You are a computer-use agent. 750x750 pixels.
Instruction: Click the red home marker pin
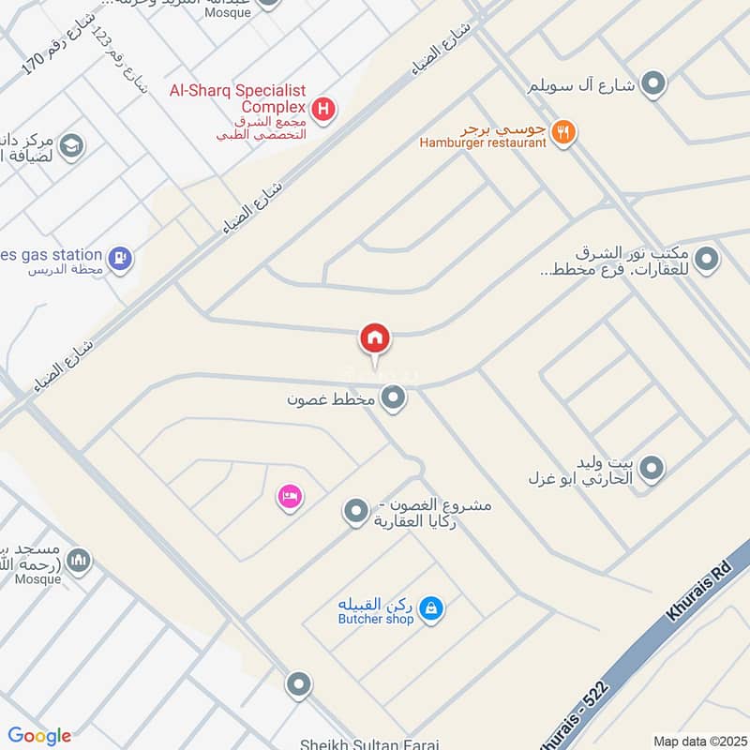tap(375, 338)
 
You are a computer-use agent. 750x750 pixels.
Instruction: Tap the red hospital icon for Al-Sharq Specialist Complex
tap(323, 111)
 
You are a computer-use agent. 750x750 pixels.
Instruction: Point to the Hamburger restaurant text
tap(483, 143)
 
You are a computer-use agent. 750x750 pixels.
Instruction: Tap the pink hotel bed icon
tap(289, 496)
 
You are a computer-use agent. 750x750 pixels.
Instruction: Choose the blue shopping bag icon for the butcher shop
tap(430, 609)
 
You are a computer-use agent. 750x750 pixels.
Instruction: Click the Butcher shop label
tap(376, 620)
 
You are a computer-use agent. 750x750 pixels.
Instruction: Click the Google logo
tap(39, 736)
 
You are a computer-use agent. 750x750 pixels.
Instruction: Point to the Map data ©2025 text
tap(698, 741)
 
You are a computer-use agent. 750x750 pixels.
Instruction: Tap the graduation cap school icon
tap(70, 146)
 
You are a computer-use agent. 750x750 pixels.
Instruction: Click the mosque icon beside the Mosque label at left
tap(80, 561)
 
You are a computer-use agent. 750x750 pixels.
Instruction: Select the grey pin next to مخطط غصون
tap(395, 398)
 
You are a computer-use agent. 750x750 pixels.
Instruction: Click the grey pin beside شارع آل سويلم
tap(653, 84)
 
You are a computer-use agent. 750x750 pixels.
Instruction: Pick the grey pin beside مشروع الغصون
tap(354, 512)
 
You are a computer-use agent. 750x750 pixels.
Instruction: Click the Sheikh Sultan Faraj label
tap(368, 743)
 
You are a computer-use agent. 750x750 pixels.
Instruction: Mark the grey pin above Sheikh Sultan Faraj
tap(299, 685)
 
